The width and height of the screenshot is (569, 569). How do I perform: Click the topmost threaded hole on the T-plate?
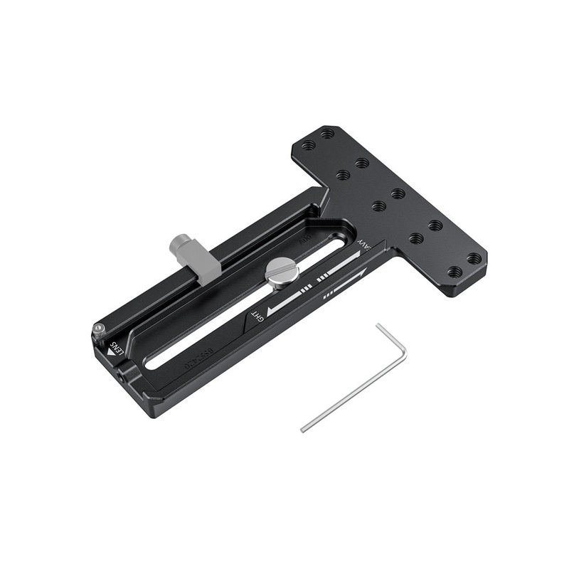326,133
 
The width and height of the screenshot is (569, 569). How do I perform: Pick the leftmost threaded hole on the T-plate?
308,145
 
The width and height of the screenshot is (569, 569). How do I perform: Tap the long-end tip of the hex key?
303,429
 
